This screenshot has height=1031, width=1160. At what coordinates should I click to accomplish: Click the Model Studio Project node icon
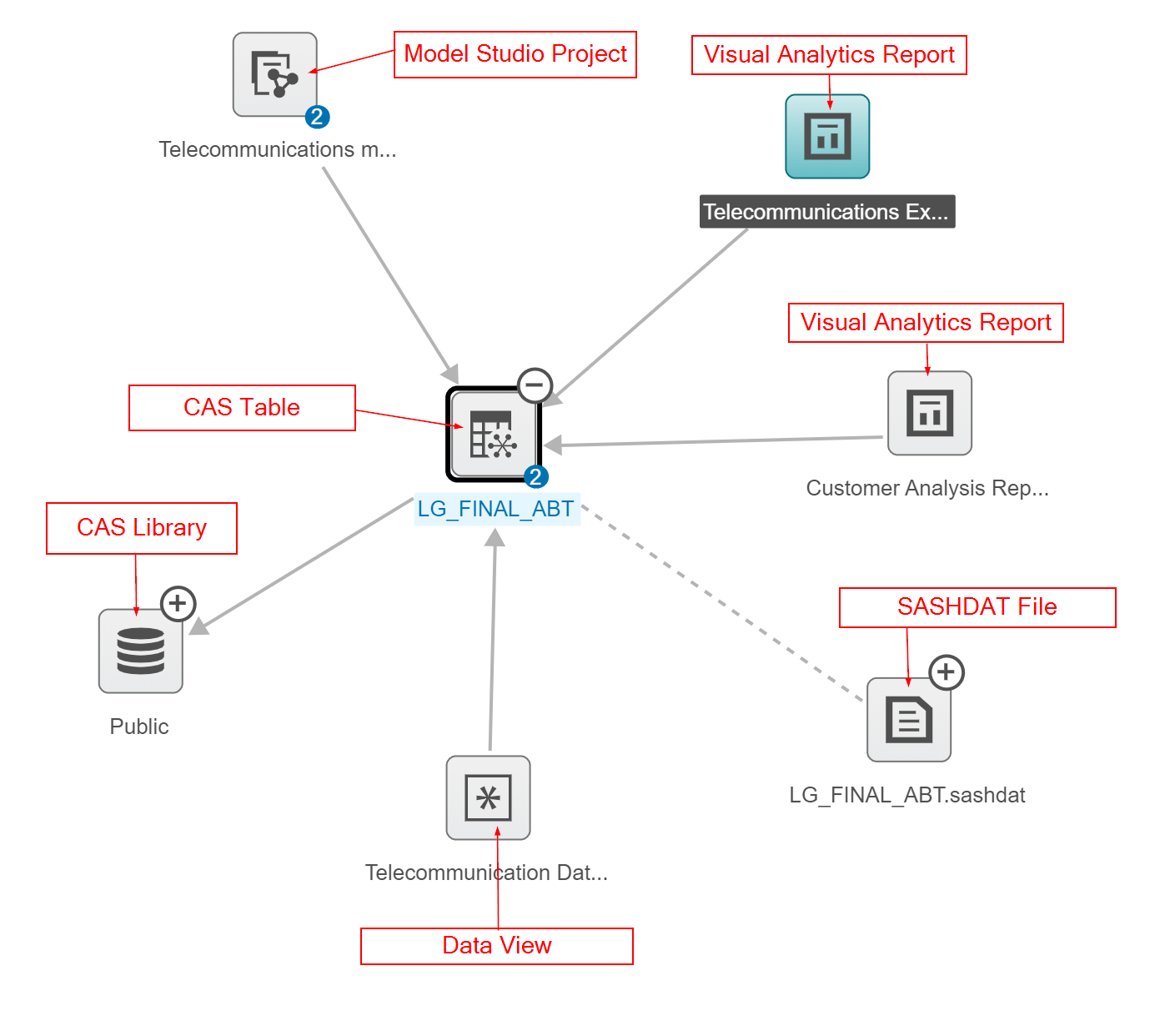274,74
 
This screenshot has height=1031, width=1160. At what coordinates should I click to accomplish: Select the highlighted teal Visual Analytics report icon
827,136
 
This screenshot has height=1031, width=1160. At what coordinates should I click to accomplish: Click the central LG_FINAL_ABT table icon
493,435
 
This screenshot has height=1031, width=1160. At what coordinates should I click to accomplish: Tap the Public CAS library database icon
140,651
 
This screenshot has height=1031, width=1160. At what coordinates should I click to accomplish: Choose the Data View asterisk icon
488,797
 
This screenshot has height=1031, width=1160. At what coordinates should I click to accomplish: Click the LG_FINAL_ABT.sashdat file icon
908,719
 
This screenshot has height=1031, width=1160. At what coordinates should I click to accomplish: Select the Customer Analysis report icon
929,413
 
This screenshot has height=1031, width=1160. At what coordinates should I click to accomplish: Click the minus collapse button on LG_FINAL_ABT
535,385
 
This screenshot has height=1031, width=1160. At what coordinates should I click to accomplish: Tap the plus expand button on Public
178,603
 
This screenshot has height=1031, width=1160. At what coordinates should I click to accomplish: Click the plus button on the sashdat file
946,671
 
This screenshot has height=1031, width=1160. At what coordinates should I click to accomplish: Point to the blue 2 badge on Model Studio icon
317,117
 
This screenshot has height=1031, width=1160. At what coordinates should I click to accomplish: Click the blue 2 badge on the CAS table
535,477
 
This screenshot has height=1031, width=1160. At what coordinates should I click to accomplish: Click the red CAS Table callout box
242,408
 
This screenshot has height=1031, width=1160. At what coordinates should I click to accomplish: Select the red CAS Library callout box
142,528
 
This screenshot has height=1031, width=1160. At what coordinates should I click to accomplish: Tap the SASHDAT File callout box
977,607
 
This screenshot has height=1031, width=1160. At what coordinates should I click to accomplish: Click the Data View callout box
496,946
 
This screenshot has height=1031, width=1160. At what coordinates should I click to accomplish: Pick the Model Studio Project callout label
515,54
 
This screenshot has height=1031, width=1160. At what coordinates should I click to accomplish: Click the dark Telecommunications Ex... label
826,212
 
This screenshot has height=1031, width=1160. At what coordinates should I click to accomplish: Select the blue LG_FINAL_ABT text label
495,509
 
